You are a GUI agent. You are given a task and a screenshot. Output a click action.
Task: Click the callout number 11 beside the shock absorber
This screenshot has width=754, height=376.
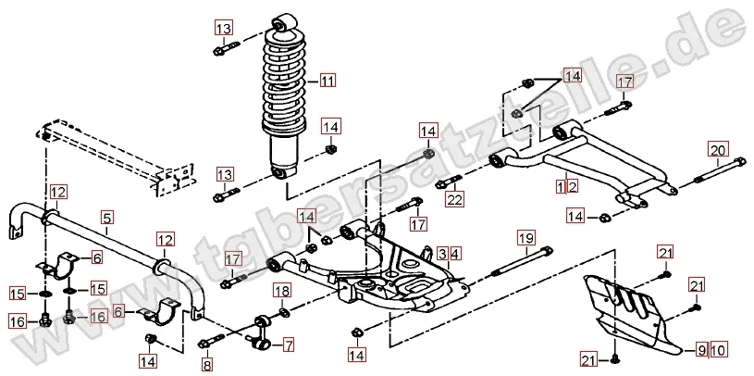pos(328,81)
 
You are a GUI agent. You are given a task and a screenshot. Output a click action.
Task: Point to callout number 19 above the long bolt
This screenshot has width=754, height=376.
pos(525,238)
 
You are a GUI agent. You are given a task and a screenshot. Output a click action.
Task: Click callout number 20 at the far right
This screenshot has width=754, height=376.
pos(719,150)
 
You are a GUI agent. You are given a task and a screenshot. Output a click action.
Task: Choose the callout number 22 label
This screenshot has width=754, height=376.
pos(454,198)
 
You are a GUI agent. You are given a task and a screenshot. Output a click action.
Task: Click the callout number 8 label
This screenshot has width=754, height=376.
pos(207,366)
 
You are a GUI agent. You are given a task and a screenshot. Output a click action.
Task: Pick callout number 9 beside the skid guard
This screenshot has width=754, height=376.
pos(702,349)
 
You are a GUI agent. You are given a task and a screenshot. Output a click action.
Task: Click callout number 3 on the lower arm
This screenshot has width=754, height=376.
pos(443,253)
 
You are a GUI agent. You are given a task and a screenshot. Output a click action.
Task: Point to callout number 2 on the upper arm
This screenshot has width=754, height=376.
pos(573,186)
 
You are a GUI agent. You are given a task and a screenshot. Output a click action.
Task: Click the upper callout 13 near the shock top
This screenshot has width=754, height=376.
pos(224,28)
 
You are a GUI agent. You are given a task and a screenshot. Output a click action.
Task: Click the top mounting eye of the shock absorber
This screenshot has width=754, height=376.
pos(284,20)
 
